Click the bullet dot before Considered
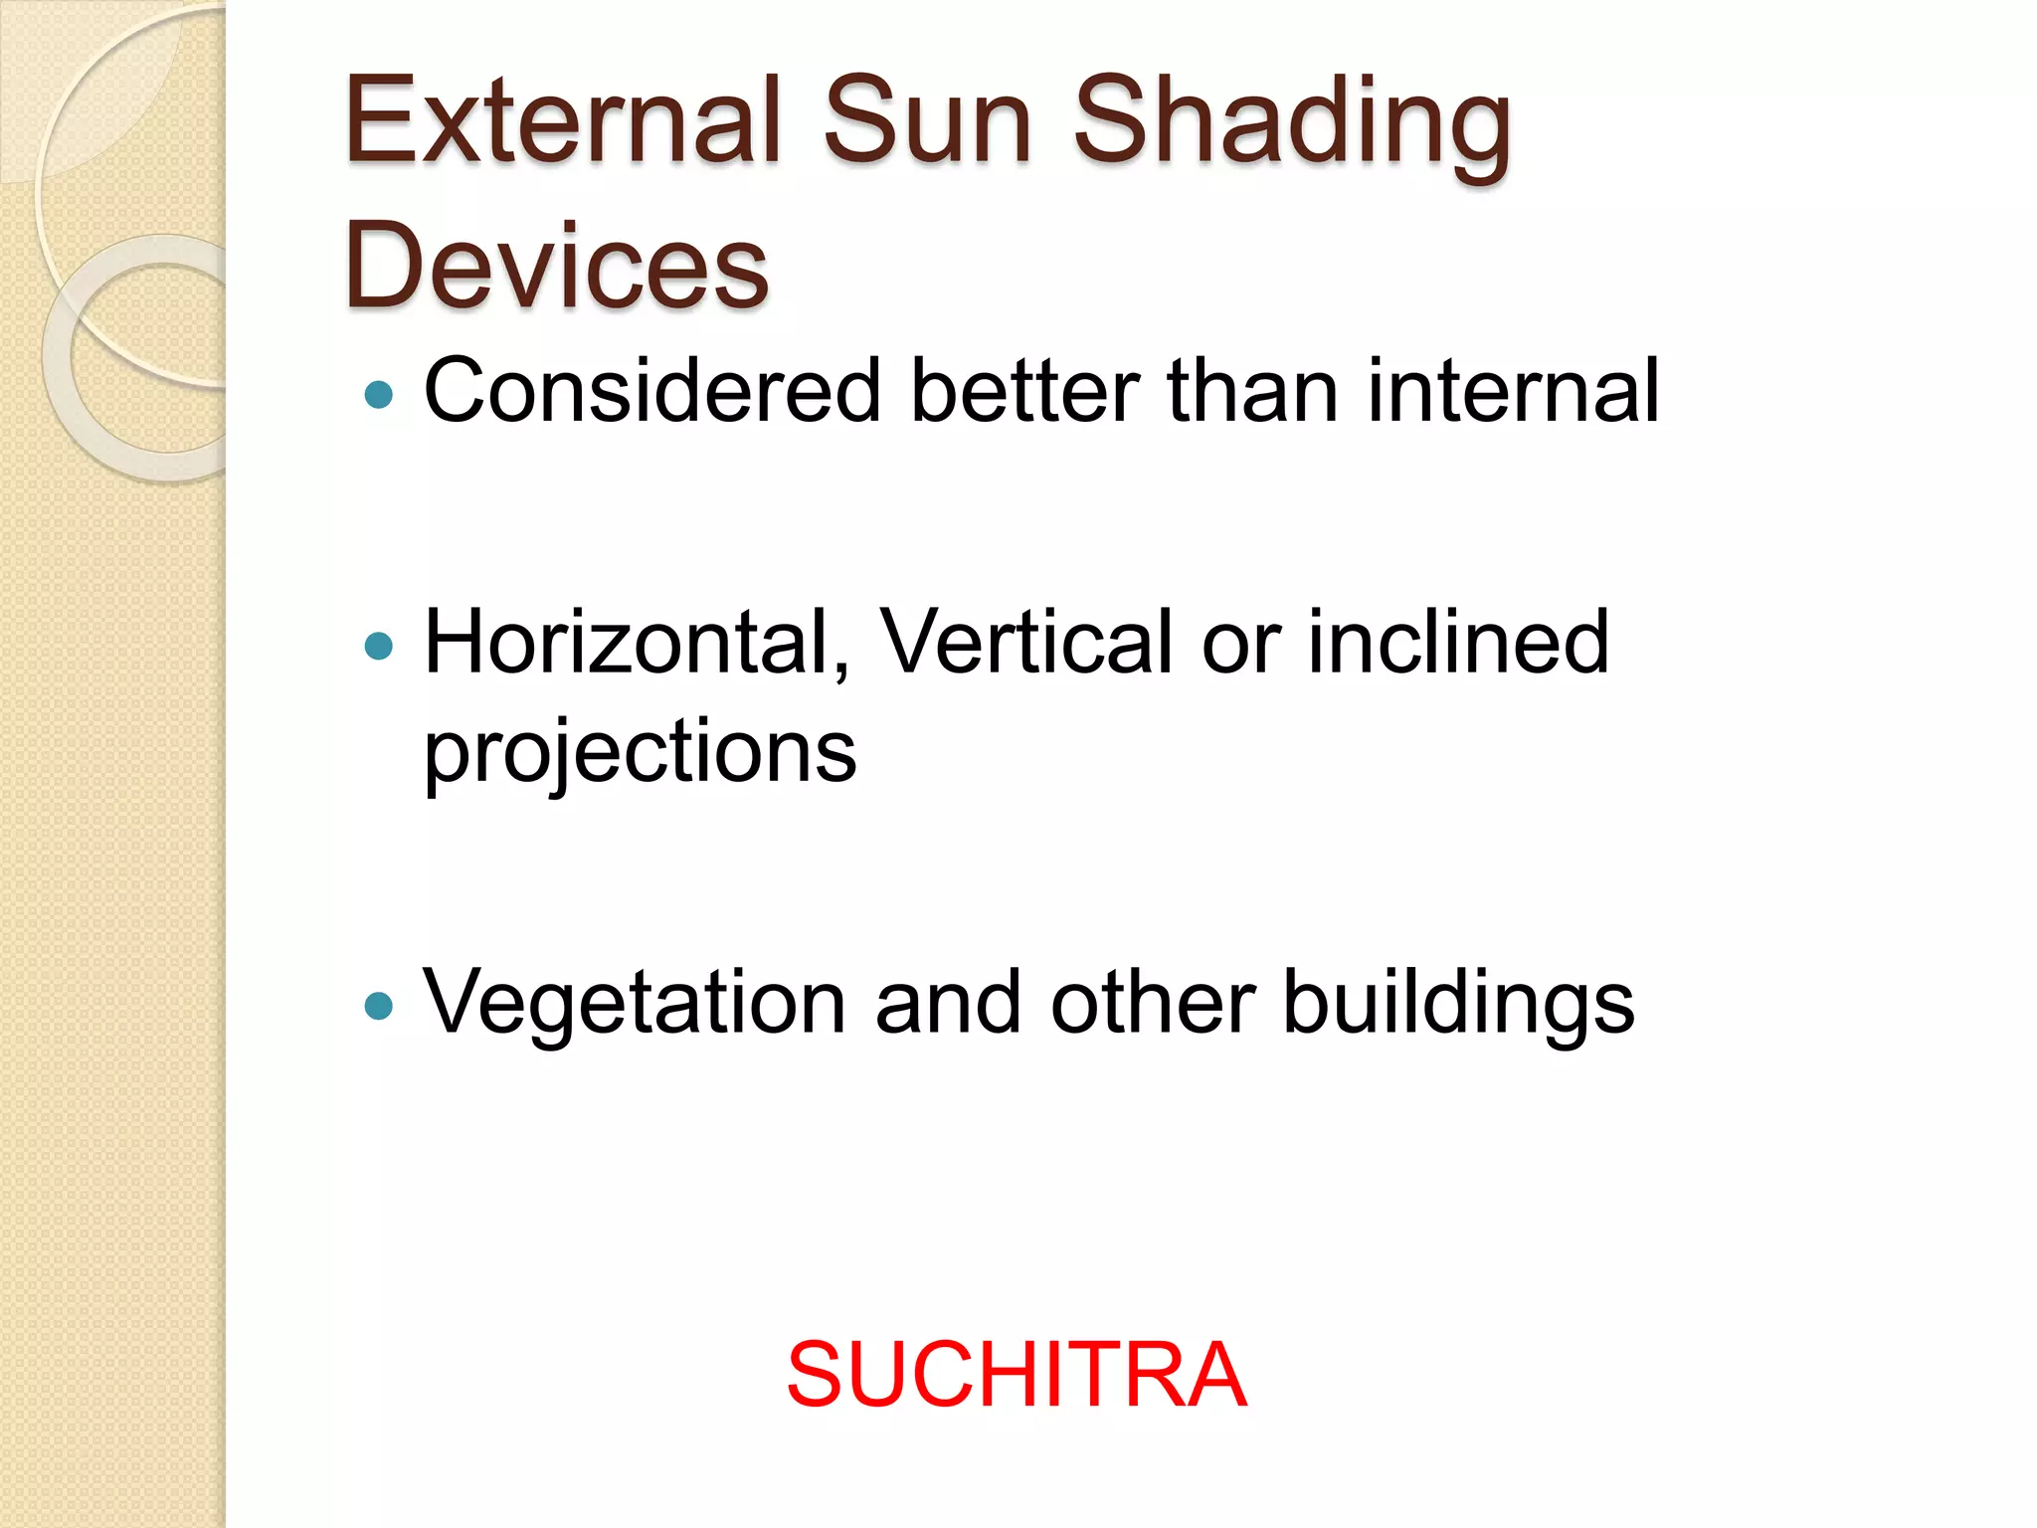[x=379, y=395]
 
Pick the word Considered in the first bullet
[x=652, y=391]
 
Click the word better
[x=1023, y=391]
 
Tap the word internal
[x=1513, y=391]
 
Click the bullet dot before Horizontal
[x=379, y=647]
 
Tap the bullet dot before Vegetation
[x=379, y=1006]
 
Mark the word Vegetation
[x=635, y=1003]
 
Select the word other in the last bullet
[x=1152, y=1003]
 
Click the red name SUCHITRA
[x=1016, y=1376]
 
